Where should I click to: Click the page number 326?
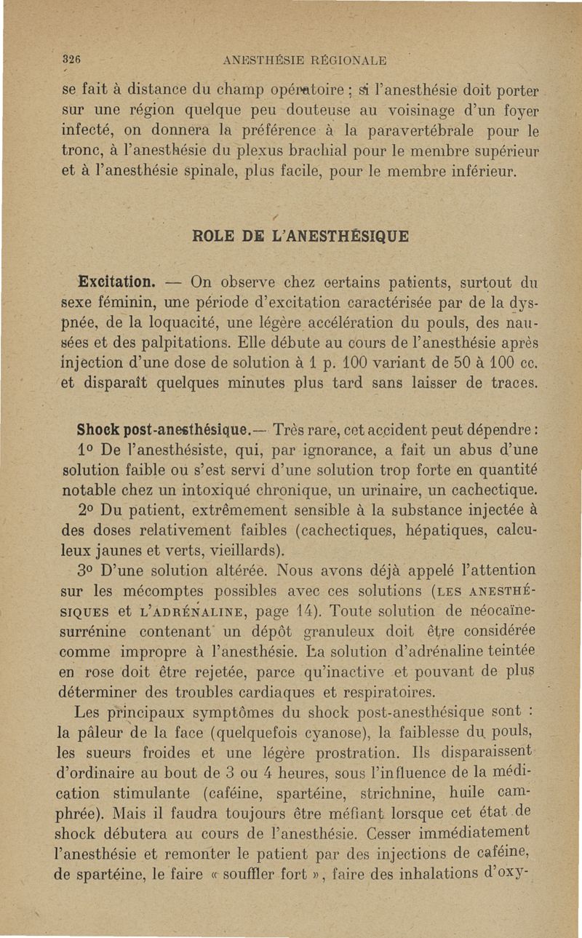71,60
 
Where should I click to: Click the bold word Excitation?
116,281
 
